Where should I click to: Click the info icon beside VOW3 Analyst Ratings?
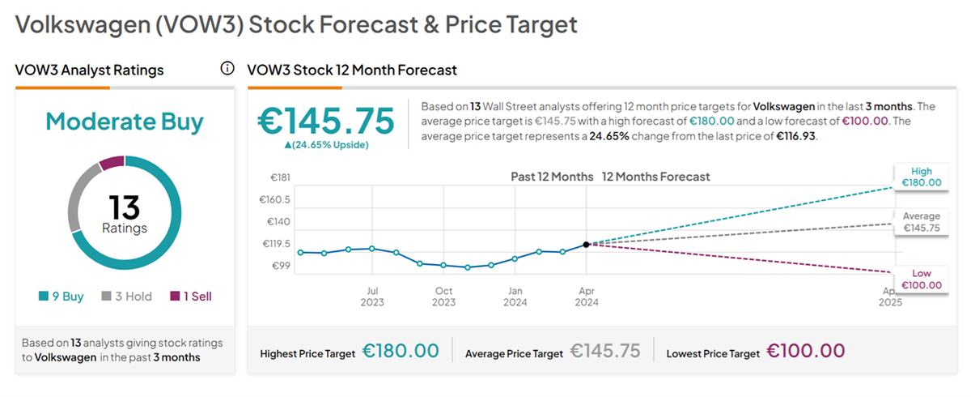point(227,69)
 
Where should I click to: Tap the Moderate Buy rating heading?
point(125,122)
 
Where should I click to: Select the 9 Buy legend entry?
point(61,297)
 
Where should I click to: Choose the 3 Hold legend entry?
point(127,297)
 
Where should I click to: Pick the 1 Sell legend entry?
point(191,297)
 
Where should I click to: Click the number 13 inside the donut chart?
point(125,208)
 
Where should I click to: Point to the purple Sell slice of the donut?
point(112,163)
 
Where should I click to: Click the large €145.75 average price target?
point(326,121)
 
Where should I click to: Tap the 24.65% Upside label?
point(326,145)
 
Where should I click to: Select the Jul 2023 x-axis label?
point(372,296)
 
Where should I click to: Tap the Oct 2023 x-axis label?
point(443,296)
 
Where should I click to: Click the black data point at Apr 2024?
point(586,244)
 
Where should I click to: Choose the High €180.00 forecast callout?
point(921,177)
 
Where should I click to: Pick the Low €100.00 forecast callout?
point(921,280)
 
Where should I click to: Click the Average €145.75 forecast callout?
point(921,222)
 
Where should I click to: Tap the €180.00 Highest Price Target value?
point(401,352)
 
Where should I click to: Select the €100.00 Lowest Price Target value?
point(806,352)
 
